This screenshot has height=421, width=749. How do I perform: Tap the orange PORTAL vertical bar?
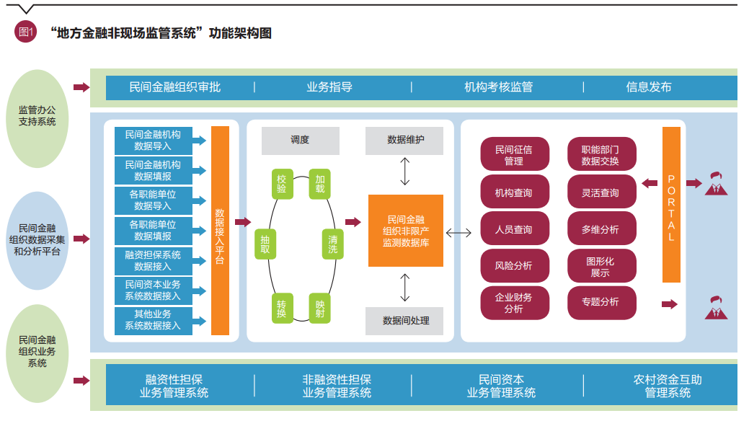(671, 205)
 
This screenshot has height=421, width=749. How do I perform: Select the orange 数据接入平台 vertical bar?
(220, 231)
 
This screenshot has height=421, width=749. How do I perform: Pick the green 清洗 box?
(332, 244)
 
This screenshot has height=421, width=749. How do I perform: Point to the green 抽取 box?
(265, 244)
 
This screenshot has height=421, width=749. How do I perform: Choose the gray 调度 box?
(300, 141)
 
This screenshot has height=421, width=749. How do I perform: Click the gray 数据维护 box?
(405, 141)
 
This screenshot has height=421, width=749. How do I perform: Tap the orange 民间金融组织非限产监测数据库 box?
(405, 231)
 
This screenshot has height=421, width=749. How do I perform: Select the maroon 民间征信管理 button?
(514, 155)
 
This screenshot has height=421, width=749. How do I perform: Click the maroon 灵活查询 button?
(600, 193)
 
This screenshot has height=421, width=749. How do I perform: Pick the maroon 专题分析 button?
(600, 302)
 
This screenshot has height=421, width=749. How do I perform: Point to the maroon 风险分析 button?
(514, 266)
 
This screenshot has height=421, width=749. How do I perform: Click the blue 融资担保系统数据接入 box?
(153, 261)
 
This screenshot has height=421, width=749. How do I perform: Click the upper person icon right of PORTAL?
(715, 183)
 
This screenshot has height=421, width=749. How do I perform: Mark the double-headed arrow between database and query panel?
(458, 232)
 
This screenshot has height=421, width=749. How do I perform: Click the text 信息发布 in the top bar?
(649, 87)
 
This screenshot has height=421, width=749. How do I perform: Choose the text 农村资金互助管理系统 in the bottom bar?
(668, 386)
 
